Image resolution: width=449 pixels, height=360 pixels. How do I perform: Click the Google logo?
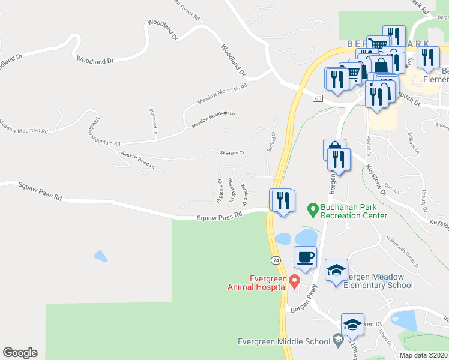pyautogui.click(x=20, y=353)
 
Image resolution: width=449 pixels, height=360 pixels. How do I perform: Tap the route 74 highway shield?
pyautogui.click(x=276, y=260)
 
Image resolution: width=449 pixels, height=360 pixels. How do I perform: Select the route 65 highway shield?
pyautogui.click(x=318, y=98)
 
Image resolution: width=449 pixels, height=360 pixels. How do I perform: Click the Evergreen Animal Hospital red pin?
pyautogui.click(x=294, y=280)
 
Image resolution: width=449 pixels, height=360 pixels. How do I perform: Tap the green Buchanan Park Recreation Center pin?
pyautogui.click(x=312, y=209)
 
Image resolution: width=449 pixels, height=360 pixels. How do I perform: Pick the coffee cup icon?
pyautogui.click(x=305, y=257)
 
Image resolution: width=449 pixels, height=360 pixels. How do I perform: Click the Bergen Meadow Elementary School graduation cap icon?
pyautogui.click(x=336, y=271)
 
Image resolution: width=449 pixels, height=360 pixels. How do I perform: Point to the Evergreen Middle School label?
pyautogui.click(x=283, y=341)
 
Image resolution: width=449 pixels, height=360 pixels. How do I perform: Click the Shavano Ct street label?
pyautogui.click(x=232, y=153)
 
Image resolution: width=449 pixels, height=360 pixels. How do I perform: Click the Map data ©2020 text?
pyautogui.click(x=423, y=355)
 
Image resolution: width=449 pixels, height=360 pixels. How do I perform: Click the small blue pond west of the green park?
pyautogui.click(x=101, y=256)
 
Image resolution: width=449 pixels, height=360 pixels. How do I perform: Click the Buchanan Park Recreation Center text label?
pyautogui.click(x=353, y=211)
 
